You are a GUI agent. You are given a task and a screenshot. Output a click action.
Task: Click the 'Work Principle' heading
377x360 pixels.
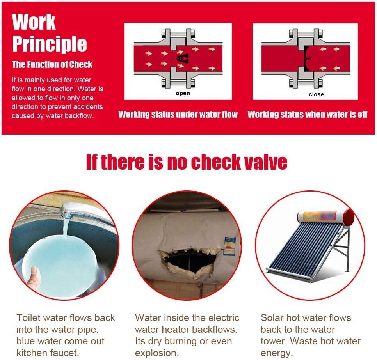(x=49, y=33)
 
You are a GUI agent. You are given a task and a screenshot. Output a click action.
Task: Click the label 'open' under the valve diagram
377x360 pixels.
(x=183, y=93)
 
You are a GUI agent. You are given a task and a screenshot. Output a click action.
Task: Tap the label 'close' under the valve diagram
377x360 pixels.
(x=316, y=94)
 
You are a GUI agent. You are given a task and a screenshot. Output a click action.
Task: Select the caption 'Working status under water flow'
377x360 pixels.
(x=178, y=114)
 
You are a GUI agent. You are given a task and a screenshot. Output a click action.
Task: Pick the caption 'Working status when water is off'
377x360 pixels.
(x=308, y=114)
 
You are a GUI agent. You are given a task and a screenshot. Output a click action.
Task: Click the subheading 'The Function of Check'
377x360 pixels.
(x=52, y=64)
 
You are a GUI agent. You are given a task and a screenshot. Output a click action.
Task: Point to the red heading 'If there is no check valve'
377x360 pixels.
(x=187, y=162)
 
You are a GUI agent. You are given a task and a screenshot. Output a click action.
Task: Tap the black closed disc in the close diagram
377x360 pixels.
(x=306, y=59)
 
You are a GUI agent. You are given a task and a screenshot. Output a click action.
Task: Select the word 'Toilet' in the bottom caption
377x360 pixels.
(x=28, y=318)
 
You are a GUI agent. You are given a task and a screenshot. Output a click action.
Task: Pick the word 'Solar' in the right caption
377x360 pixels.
(x=272, y=318)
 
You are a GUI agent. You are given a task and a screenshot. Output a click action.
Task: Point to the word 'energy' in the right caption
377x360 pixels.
(x=276, y=353)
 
